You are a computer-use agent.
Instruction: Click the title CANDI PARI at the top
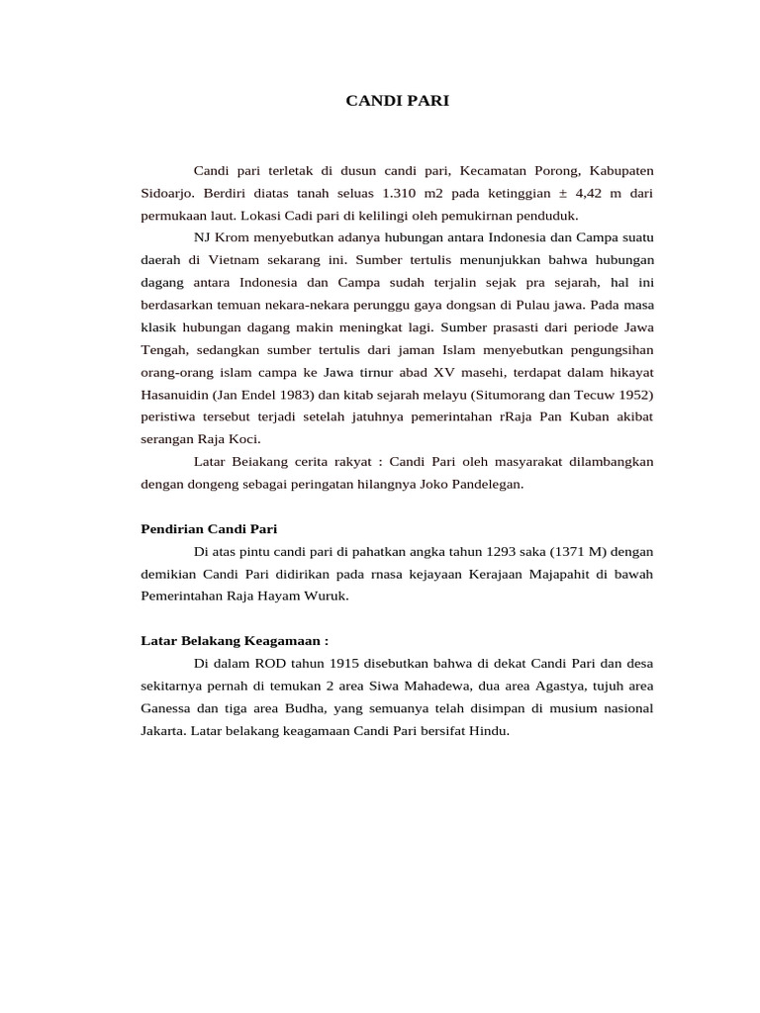[397, 101]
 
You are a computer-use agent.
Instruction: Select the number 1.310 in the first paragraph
[381, 192]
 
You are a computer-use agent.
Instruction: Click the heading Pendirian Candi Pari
[209, 529]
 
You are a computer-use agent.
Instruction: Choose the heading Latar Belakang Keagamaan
[220, 640]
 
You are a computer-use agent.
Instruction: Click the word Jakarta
[164, 731]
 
